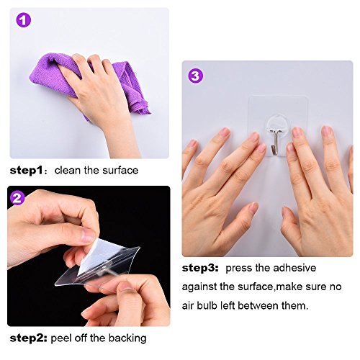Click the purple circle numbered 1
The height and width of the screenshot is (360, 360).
tap(23, 20)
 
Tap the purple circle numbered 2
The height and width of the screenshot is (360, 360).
tap(17, 198)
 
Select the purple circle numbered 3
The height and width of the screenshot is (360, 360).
tap(195, 76)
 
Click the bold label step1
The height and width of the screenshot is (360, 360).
tap(27, 171)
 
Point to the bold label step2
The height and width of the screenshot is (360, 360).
tap(28, 338)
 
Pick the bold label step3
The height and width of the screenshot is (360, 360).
tap(200, 268)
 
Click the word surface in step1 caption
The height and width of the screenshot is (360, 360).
tap(120, 171)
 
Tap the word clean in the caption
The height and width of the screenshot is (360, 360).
tap(67, 171)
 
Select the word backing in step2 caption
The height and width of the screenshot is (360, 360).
tap(127, 338)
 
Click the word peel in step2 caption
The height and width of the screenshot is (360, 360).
tap(61, 338)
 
